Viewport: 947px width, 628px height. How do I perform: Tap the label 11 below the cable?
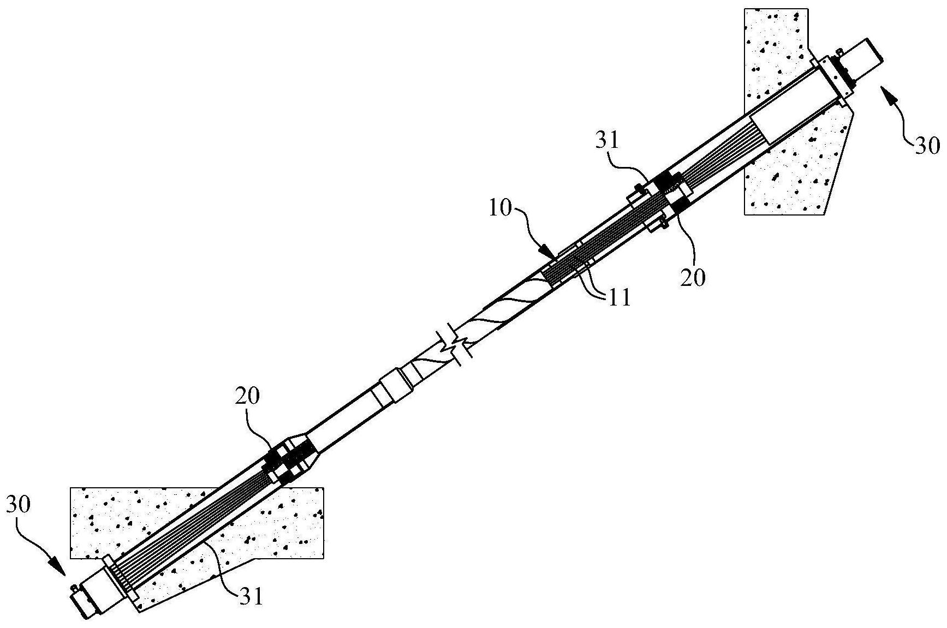point(618,297)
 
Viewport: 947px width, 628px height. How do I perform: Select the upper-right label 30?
point(926,146)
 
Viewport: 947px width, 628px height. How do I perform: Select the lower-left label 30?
point(19,506)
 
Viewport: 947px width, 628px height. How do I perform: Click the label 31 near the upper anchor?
point(607,141)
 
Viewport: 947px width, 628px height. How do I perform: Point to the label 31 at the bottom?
point(251,596)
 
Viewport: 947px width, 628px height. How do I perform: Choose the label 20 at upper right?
point(693,278)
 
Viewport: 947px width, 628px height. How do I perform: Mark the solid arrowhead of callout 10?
point(549,253)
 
